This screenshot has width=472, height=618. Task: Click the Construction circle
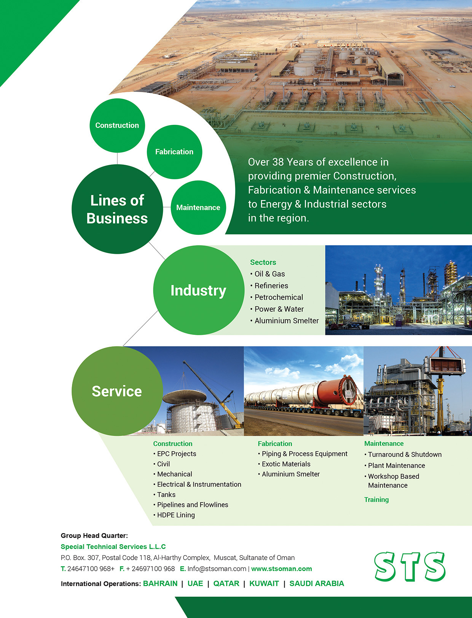(117, 125)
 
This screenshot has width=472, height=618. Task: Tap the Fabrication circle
(174, 152)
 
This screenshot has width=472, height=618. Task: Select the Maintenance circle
(198, 207)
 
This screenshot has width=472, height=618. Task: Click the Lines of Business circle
(117, 209)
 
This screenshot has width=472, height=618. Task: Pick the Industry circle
(199, 290)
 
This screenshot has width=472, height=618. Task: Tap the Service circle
(117, 391)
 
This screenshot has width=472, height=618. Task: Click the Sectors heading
(263, 262)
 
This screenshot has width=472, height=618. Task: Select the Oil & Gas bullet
(268, 274)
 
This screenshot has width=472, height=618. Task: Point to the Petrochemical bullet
(277, 297)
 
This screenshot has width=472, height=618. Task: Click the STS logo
(410, 567)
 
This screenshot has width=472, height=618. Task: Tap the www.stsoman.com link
(281, 569)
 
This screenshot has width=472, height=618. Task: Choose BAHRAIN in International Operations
(160, 583)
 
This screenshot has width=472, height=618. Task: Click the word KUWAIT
(264, 583)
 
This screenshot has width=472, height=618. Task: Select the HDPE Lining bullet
(174, 515)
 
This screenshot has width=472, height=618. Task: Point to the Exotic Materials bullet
(284, 464)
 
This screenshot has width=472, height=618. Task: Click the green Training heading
(376, 500)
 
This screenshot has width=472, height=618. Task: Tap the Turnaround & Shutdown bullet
(403, 454)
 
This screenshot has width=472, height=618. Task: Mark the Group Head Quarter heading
(94, 535)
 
